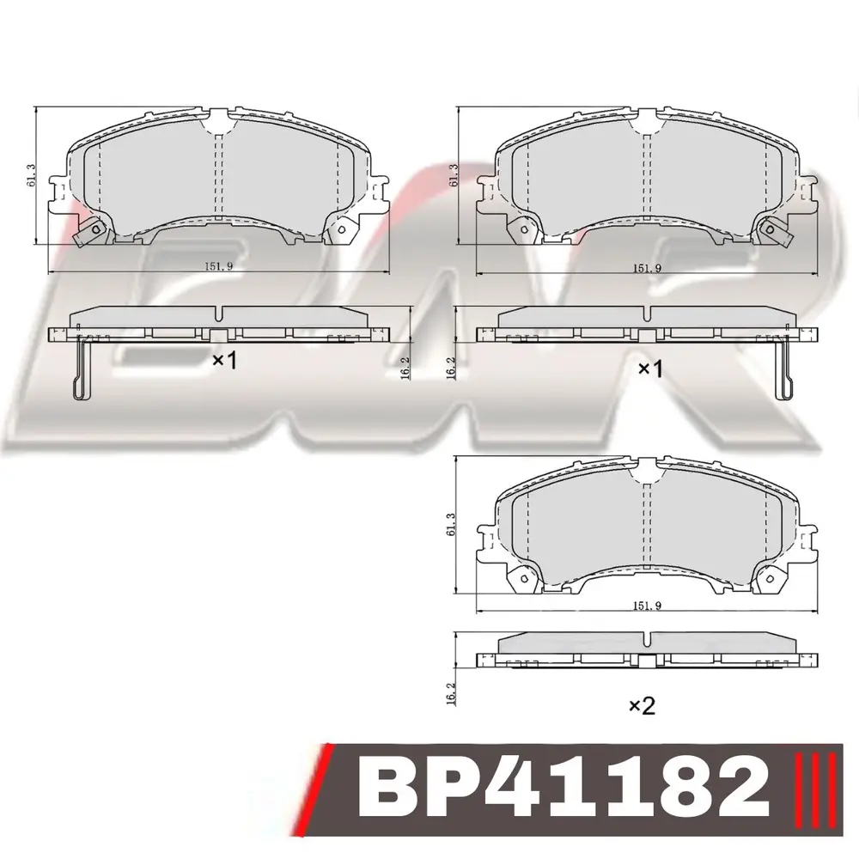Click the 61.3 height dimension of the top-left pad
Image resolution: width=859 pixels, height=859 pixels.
pos(31,174)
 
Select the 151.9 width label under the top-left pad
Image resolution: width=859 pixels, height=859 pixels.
pos(219,266)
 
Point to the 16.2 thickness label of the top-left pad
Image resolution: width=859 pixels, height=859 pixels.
pos(405,366)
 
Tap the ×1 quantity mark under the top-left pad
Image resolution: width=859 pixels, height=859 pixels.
pos(224,361)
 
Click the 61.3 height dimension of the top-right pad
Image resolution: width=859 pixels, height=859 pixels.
pos(453,174)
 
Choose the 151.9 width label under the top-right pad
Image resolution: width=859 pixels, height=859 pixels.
pos(648,268)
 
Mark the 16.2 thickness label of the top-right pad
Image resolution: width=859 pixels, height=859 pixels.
pos(451,367)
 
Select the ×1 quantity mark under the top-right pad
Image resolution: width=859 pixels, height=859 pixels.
pos(651,369)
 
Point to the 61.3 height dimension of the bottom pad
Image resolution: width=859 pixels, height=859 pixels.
pos(451,524)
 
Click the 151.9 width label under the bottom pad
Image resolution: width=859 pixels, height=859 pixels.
pos(648,606)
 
